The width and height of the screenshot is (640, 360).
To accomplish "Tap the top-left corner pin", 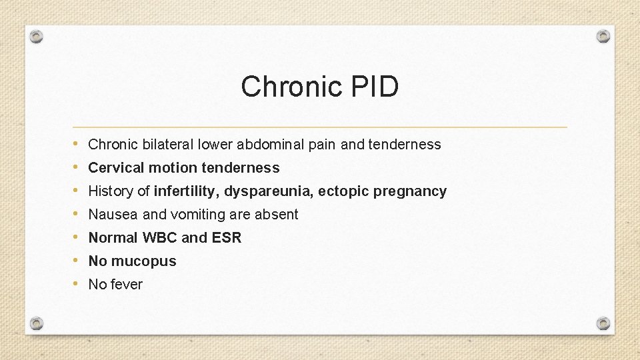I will click(37, 36).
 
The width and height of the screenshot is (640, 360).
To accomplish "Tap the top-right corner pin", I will click(603, 36).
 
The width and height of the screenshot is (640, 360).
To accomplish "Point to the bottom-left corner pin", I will click(37, 323).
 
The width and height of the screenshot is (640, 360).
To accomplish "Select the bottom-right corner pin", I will click(603, 323).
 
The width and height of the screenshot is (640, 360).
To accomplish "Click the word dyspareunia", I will click(269, 192).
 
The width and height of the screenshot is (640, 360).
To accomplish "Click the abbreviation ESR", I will click(227, 238).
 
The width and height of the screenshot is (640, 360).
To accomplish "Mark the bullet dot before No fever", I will click(77, 284).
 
